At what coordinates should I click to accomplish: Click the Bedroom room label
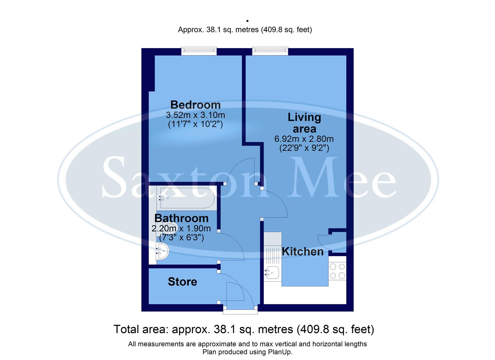tap(195, 105)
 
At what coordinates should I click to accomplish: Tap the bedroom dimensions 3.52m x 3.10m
tap(195, 115)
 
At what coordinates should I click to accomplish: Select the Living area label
tap(304, 123)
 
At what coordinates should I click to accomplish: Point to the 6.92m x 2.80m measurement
tap(304, 139)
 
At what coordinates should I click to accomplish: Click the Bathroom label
tap(181, 218)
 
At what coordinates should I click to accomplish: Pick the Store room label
tap(182, 282)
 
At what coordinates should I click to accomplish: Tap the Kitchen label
tap(303, 251)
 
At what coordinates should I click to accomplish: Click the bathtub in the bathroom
tap(187, 198)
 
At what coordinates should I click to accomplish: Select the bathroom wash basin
tap(163, 252)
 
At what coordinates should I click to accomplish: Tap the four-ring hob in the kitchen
tap(337, 271)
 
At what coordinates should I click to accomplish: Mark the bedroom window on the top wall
tap(199, 51)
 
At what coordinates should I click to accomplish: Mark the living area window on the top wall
tap(270, 51)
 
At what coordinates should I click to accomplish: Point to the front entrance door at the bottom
tap(240, 312)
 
